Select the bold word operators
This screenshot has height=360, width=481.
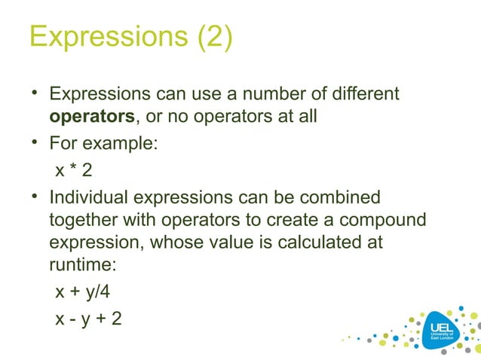click(91, 117)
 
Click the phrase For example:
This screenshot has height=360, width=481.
click(103, 143)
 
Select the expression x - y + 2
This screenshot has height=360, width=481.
click(88, 319)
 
